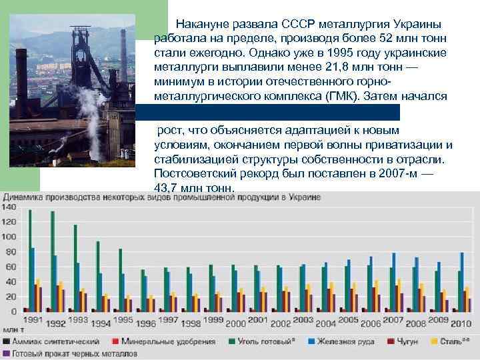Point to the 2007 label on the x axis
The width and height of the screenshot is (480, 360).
[x=393, y=321]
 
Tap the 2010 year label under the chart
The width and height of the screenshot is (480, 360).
[x=461, y=323]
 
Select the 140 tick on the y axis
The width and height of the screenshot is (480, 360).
[x=9, y=207]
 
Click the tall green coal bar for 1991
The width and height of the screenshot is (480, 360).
[x=30, y=260]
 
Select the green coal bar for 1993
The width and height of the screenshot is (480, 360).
[x=75, y=267]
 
